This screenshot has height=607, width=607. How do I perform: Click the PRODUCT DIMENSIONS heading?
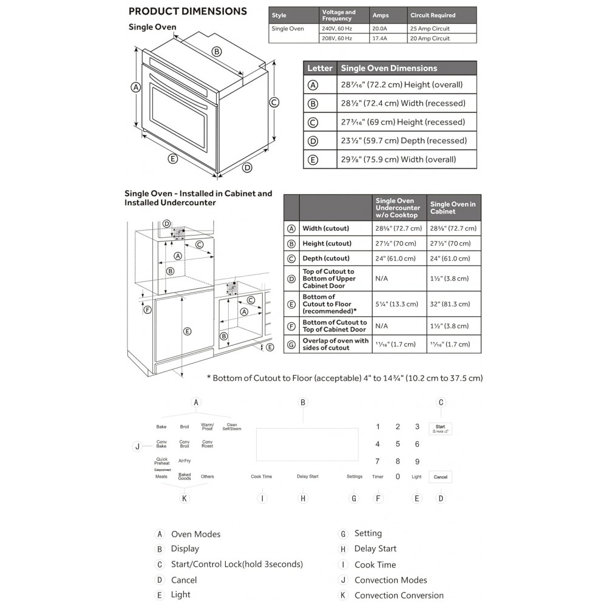pos(188,12)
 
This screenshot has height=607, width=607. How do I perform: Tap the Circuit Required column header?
pos(432,15)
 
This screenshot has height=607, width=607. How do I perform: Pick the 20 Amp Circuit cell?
pos(430,38)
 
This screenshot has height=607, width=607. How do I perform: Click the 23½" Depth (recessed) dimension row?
pos(404,141)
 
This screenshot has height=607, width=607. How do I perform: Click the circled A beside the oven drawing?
pos(136,87)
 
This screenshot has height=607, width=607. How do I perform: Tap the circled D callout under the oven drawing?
pos(247,168)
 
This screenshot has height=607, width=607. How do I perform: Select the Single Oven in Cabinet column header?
pos(453,208)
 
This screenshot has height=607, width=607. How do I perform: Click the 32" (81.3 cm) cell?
pos(452,304)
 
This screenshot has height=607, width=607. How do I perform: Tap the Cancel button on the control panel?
pos(441,477)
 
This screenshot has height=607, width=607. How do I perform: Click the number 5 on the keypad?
pos(398,444)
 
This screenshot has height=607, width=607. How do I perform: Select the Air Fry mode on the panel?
pos(185,461)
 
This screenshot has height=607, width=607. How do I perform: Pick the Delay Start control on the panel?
pos(307,476)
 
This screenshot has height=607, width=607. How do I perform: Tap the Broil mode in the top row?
pos(185,427)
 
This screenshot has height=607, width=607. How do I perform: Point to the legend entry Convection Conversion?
pos(399,595)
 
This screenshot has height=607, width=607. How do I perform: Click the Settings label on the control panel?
pos(354,476)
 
